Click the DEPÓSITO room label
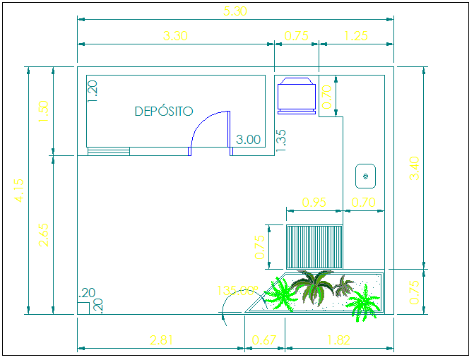click(x=163, y=112)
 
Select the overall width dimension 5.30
click(x=235, y=11)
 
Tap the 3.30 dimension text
click(x=174, y=36)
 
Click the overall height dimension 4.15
click(x=18, y=191)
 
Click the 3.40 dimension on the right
click(x=414, y=168)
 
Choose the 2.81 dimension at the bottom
click(x=162, y=340)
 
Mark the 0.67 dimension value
click(x=264, y=340)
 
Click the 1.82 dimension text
click(x=338, y=340)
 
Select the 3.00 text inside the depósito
click(x=249, y=140)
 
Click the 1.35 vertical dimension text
click(x=280, y=140)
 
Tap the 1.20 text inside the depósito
click(x=93, y=90)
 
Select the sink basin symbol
click(x=365, y=175)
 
